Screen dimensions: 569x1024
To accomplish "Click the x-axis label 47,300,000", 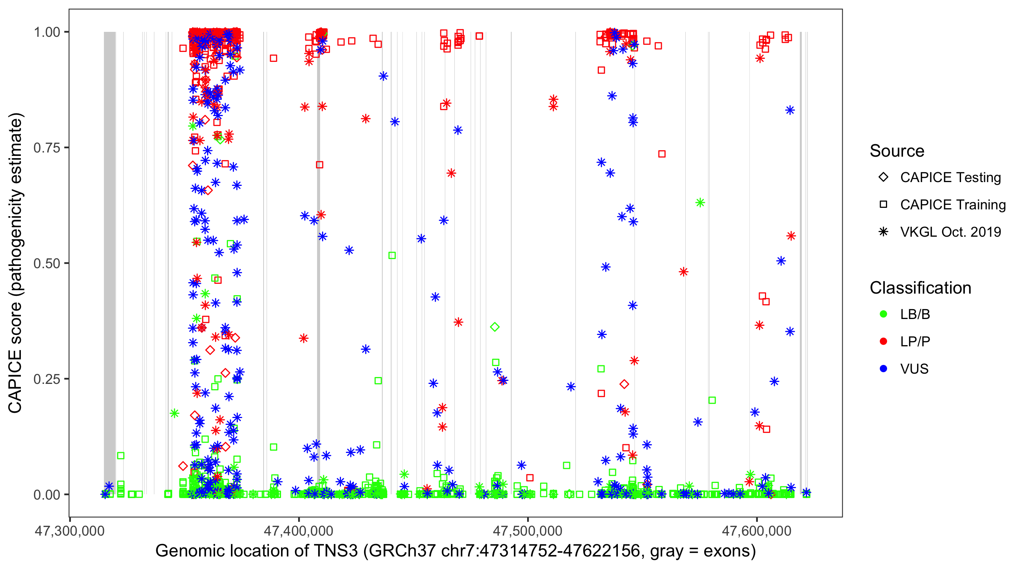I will point(69,531).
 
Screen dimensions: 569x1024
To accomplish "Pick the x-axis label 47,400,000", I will point(298,531).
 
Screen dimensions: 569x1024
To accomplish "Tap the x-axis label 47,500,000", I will point(528,531).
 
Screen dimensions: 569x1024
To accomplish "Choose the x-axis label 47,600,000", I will point(757,531).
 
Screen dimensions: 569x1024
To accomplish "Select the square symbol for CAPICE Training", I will point(883,204).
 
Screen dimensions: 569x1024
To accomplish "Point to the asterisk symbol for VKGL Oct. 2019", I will point(883,232).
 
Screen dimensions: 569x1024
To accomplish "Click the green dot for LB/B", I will point(883,314).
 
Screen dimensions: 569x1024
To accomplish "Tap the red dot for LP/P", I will point(883,341).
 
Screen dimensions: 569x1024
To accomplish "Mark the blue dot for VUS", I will point(883,369).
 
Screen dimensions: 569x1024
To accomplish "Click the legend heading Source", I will point(897,151).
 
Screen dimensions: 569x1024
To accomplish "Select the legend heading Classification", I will point(920,288).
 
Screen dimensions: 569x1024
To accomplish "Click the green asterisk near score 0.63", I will point(700,203).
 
